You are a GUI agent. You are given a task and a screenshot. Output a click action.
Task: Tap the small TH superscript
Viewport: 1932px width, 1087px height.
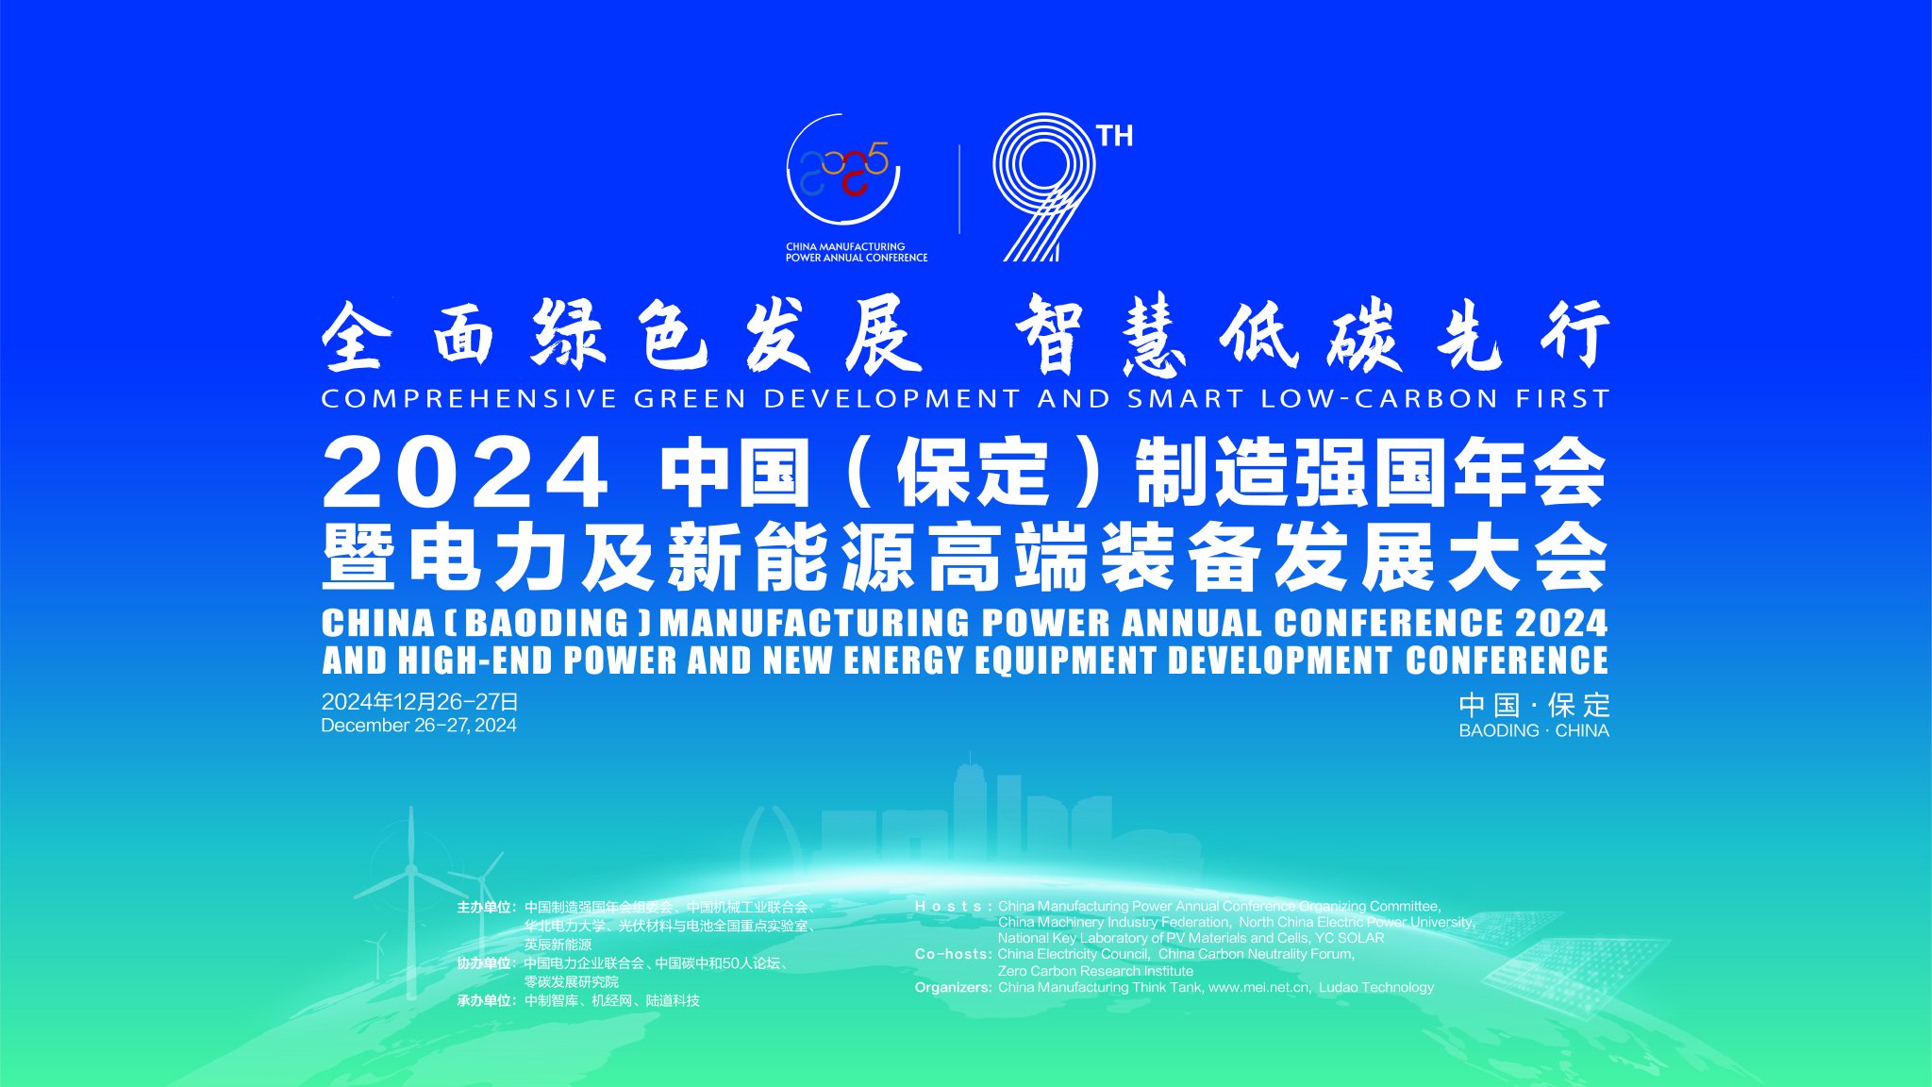(1115, 137)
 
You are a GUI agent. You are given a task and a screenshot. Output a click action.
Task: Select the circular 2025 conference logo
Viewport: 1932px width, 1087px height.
(844, 170)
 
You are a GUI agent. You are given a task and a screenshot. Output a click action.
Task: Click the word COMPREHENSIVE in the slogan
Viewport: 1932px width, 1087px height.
(469, 399)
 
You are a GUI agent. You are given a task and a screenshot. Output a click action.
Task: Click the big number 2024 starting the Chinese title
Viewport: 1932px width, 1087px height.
(466, 473)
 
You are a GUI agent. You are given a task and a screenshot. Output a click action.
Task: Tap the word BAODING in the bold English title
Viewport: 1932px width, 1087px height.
(547, 624)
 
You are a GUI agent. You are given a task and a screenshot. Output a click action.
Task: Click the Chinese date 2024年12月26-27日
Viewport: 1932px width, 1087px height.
(420, 702)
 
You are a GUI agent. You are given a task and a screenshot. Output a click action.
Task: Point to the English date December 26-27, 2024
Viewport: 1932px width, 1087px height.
(419, 726)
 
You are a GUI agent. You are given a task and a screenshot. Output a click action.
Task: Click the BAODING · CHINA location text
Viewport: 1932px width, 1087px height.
(1533, 731)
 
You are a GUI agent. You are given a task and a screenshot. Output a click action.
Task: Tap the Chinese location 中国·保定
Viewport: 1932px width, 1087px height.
(1533, 705)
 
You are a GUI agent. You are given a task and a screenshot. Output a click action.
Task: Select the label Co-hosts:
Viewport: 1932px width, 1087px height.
(953, 954)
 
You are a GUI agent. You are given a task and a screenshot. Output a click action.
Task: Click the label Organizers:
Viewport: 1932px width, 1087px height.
(953, 987)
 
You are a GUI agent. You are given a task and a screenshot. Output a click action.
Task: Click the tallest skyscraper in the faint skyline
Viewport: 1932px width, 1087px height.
(970, 802)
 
